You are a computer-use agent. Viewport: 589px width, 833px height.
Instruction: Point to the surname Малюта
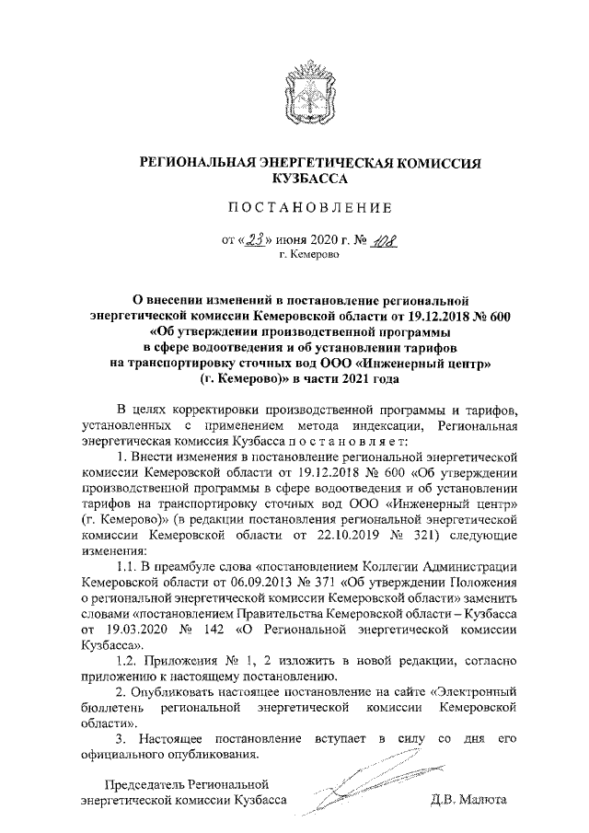(481, 799)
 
